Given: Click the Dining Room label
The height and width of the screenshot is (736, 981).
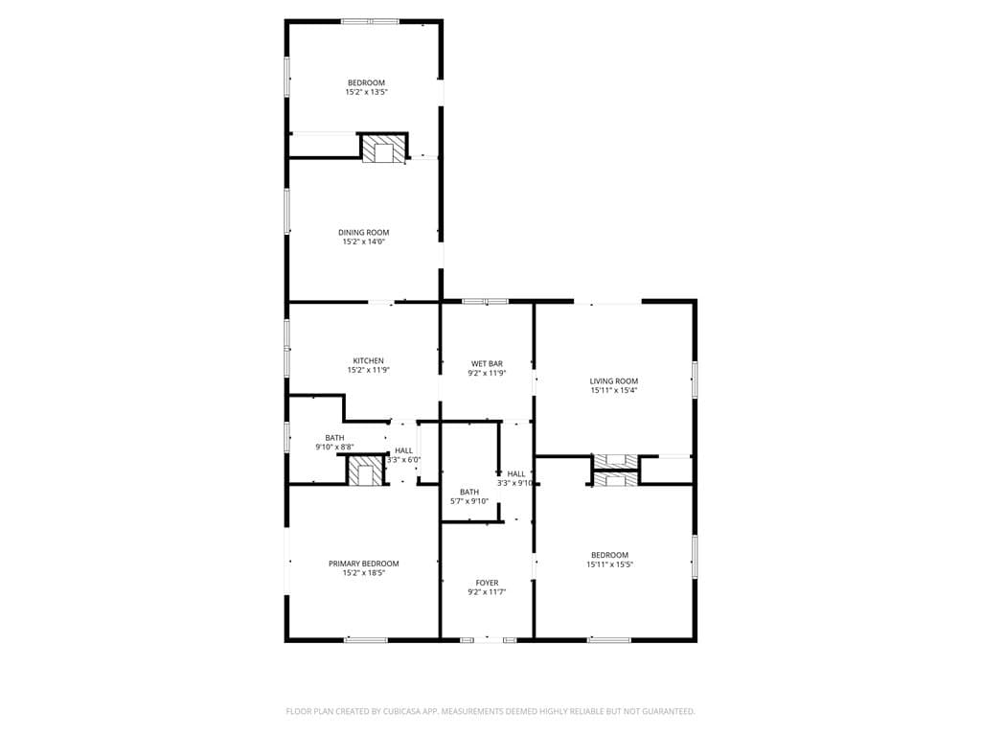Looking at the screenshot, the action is pyautogui.click(x=363, y=232).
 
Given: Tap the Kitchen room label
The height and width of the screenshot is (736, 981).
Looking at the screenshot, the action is pyautogui.click(x=369, y=360).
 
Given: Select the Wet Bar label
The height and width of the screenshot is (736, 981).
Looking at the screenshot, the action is pyautogui.click(x=487, y=363).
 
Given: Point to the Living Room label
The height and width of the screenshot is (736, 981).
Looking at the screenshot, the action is pyautogui.click(x=614, y=380).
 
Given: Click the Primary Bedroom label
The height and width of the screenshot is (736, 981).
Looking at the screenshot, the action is pyautogui.click(x=363, y=563).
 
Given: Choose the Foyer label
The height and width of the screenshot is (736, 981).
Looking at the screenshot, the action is pyautogui.click(x=487, y=583).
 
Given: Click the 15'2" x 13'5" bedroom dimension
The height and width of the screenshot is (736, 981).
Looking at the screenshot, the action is pyautogui.click(x=367, y=92).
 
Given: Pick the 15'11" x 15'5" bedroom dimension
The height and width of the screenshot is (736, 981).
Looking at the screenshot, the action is pyautogui.click(x=610, y=564).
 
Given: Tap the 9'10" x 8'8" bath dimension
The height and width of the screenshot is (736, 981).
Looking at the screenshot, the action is pyautogui.click(x=334, y=447).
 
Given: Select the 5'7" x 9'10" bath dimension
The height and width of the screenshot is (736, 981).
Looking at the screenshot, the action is pyautogui.click(x=469, y=501).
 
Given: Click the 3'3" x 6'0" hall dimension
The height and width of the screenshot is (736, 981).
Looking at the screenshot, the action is pyautogui.click(x=403, y=460).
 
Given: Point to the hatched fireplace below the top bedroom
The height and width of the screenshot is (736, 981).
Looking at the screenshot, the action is pyautogui.click(x=383, y=149).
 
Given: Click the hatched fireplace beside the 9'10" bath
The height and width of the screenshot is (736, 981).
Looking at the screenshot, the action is pyautogui.click(x=365, y=471).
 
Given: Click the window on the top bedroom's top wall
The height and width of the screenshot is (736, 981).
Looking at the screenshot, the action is pyautogui.click(x=370, y=22).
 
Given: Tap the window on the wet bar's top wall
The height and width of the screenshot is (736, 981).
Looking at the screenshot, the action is pyautogui.click(x=485, y=302).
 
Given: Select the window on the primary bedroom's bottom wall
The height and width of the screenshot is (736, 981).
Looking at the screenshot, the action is pyautogui.click(x=365, y=639).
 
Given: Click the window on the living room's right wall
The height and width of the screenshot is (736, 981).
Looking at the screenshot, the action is pyautogui.click(x=695, y=379).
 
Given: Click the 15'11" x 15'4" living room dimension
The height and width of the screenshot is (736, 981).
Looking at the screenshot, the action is pyautogui.click(x=614, y=391).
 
